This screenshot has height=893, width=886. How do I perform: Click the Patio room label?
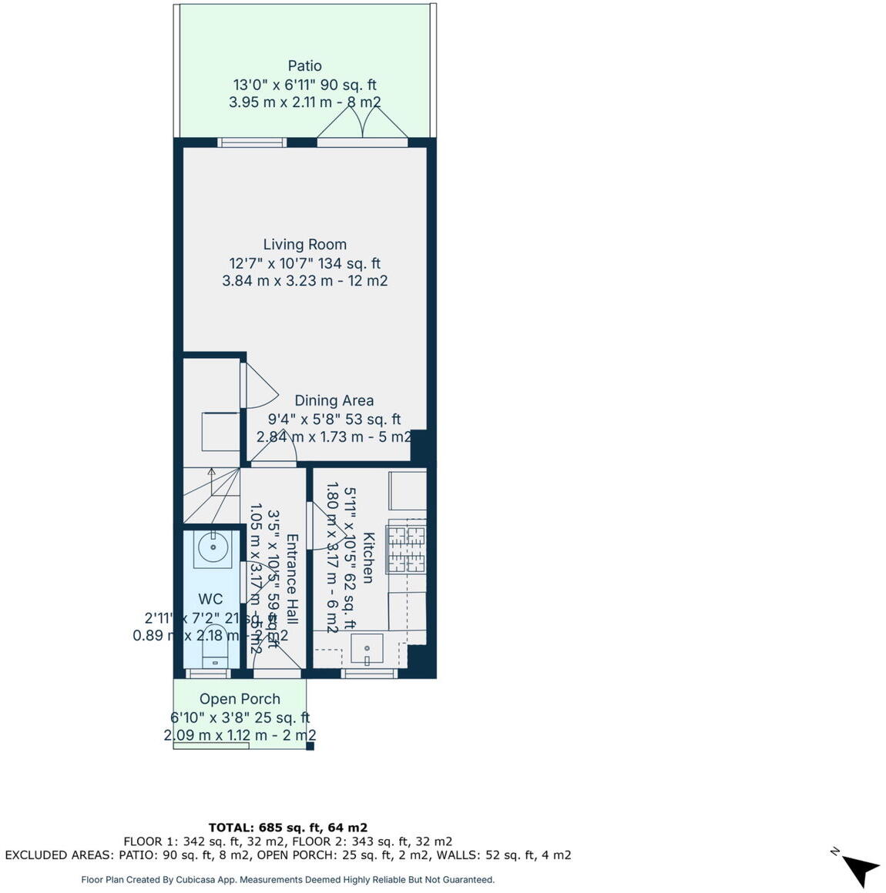pos(304,66)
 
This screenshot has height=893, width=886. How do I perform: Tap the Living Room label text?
pos(304,245)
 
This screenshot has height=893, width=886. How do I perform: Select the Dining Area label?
pos(334,401)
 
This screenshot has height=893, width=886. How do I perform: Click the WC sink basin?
pos(212,547)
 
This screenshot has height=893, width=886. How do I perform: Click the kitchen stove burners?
pos(406,547)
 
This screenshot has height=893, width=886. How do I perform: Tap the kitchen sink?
pos(367,648)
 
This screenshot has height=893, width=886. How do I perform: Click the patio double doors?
pos(362,125)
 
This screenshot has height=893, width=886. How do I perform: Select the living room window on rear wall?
pos(252,142)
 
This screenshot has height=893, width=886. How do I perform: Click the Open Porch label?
pos(240,699)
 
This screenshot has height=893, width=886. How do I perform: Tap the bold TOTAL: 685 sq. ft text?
pos(287,828)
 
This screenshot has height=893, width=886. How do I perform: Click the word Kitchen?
pos(368,557)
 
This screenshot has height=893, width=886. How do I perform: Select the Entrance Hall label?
pos(292,579)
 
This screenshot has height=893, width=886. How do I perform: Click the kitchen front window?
pos(369,674)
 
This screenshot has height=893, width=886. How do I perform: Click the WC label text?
pos(210,600)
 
